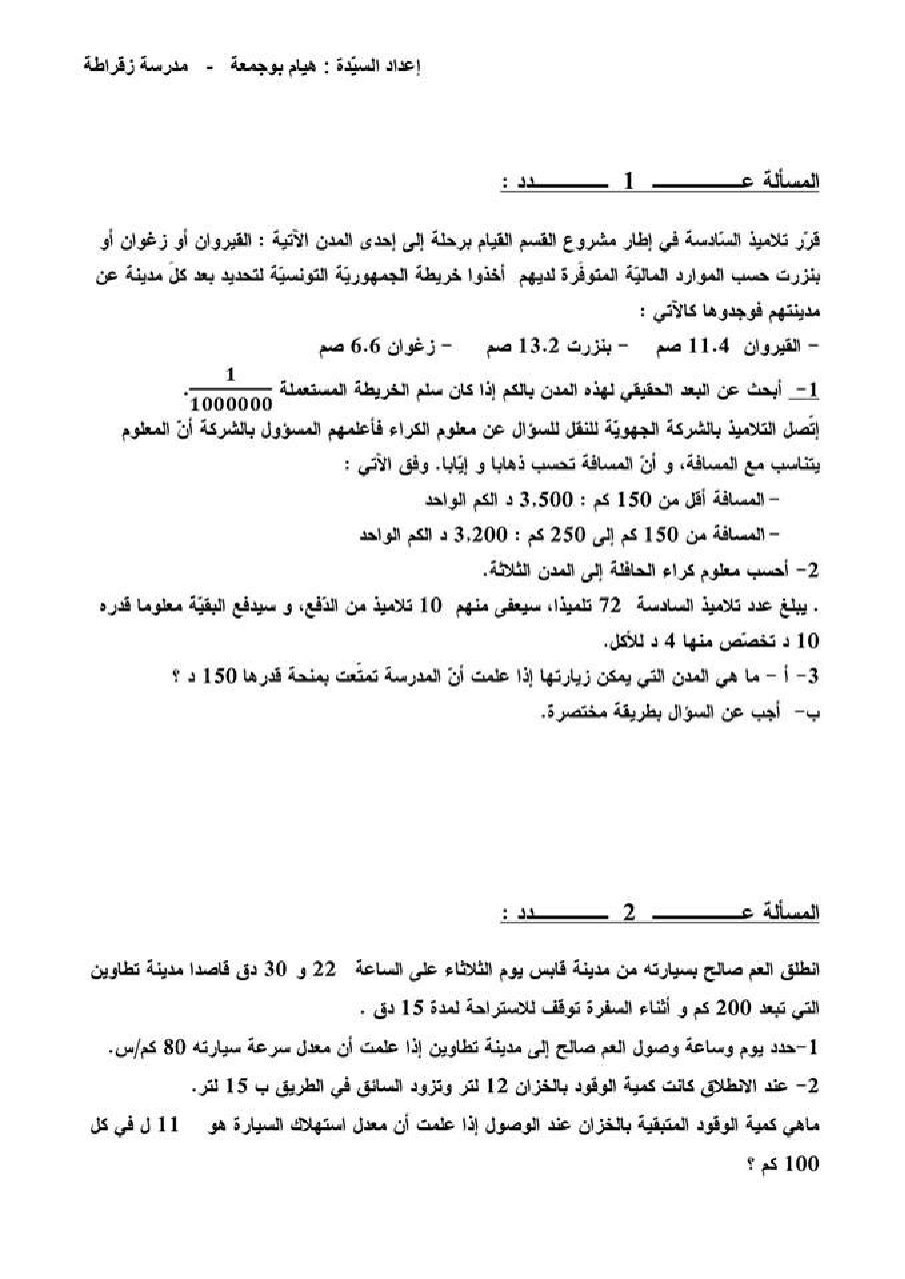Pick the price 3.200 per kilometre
click(479, 534)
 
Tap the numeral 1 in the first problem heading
click(629, 182)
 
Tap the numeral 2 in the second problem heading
click(629, 912)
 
